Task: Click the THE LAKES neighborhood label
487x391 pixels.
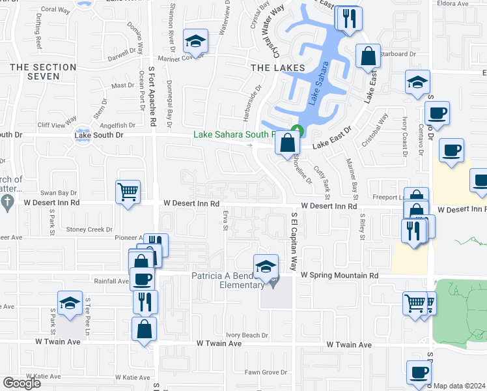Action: click(277, 67)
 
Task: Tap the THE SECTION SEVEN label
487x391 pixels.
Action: click(44, 72)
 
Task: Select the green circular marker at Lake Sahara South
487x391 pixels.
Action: click(297, 130)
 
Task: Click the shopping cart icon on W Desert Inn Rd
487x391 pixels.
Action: click(128, 192)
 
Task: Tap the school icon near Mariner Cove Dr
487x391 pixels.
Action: click(195, 42)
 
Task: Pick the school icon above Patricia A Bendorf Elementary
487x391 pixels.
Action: click(266, 266)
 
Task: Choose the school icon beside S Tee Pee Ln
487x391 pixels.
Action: click(70, 303)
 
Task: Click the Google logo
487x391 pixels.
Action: click(21, 383)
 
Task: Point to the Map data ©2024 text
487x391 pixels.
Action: click(458, 386)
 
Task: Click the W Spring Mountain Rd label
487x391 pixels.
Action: click(339, 276)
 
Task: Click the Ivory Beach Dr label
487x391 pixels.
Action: click(247, 335)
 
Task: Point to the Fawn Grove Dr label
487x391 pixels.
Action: click(266, 373)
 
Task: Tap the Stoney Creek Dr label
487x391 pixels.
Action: click(89, 229)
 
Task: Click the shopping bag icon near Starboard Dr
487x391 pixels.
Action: click(368, 57)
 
